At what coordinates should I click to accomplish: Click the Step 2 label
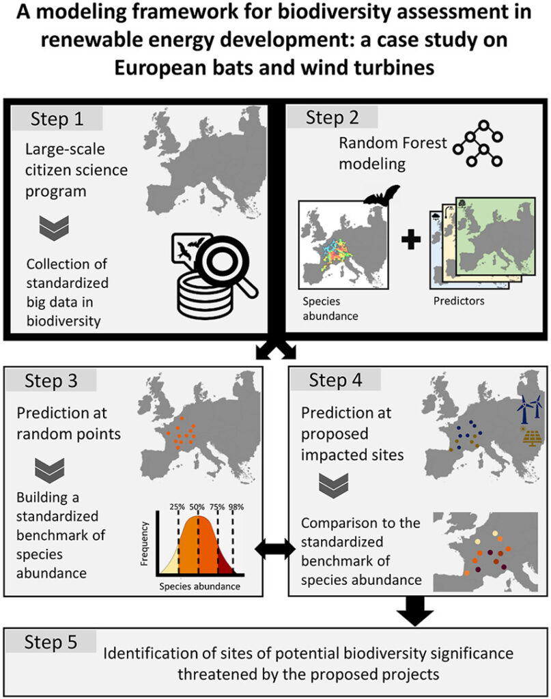[332, 117]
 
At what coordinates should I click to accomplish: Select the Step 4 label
[337, 380]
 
